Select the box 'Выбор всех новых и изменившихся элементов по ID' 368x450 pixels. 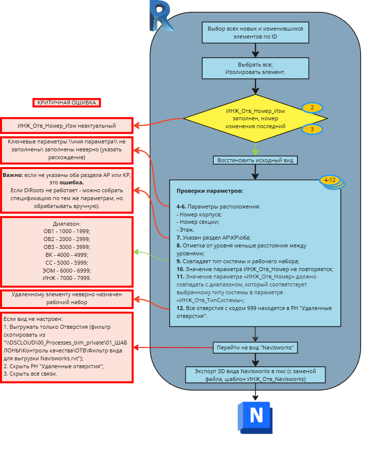255,33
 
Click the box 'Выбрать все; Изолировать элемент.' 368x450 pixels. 255,68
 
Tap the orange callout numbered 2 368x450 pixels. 312,107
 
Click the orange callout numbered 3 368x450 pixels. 312,129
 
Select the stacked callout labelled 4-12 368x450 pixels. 331,181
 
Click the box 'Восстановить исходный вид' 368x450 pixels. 255,160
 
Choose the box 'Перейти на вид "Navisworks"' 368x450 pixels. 255,347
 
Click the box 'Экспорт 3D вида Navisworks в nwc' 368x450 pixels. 255,375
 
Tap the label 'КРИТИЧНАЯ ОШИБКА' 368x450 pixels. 67,103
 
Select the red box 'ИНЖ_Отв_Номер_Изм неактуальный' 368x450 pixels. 67,126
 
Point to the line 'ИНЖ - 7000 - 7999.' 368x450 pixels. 67,278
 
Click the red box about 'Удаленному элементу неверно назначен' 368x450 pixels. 67,298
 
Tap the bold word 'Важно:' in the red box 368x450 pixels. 13,175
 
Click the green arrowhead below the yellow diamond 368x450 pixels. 255,152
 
